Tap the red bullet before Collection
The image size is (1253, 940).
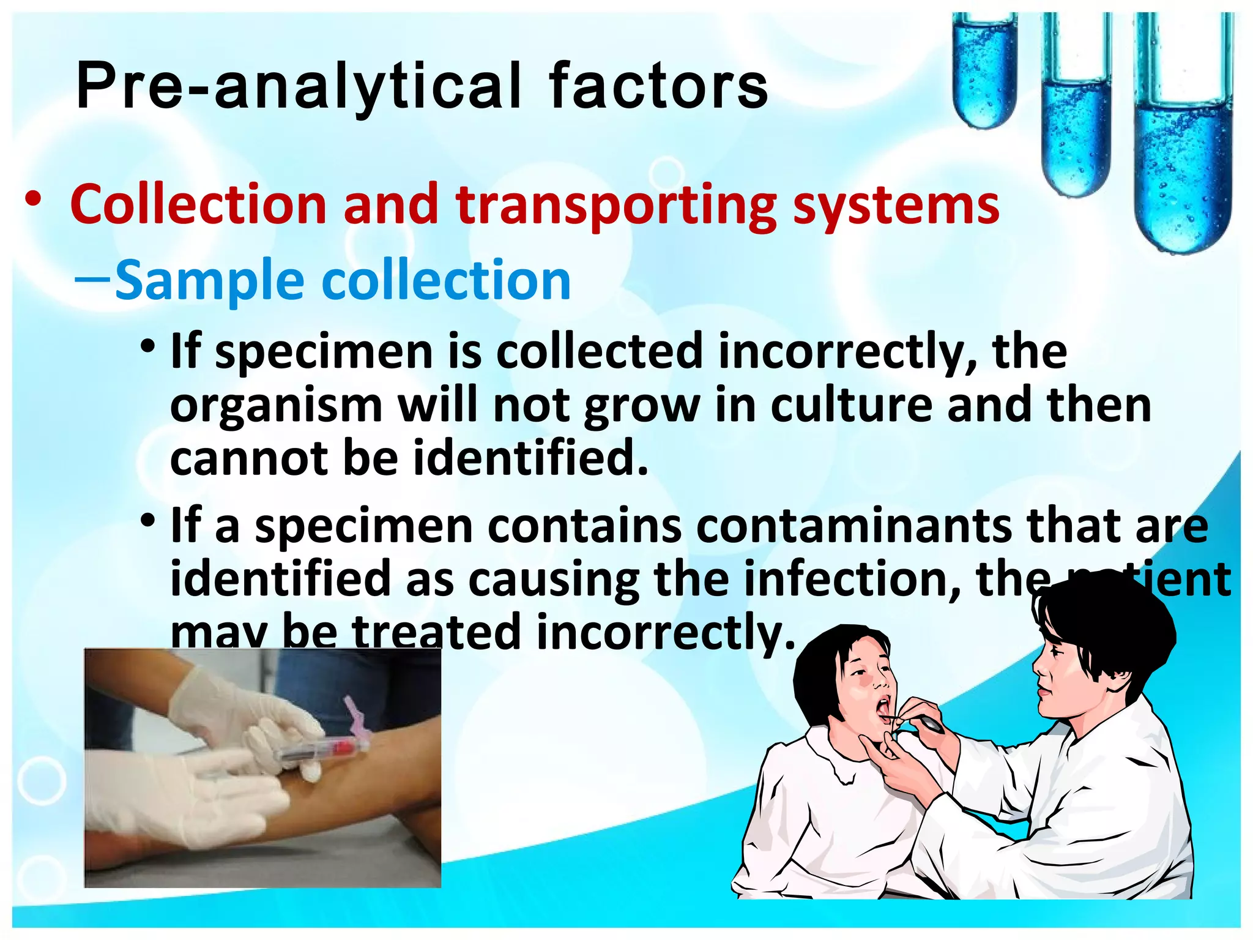(x=34, y=199)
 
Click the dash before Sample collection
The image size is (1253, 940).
(x=92, y=279)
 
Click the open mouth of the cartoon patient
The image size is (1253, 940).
(x=885, y=707)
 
